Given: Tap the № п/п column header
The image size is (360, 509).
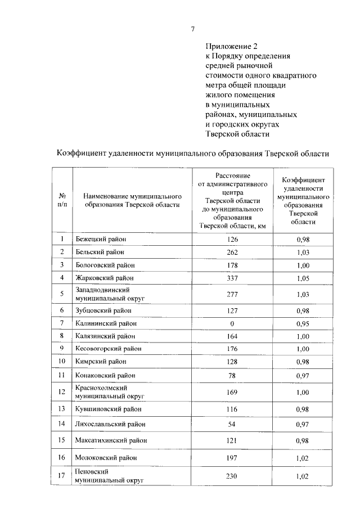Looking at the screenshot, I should (x=62, y=200).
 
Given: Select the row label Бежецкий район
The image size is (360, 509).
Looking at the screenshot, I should (x=101, y=240).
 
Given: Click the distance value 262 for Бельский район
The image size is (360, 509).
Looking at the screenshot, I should (x=232, y=252).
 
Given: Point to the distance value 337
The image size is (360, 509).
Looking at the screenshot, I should (x=232, y=277).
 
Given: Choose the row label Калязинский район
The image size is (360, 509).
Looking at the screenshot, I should (x=105, y=336).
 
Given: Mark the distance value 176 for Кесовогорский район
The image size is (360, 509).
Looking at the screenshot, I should (x=232, y=349).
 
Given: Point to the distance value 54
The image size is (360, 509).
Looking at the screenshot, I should (x=232, y=424).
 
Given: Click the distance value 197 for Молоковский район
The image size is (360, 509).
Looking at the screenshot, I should (x=232, y=459).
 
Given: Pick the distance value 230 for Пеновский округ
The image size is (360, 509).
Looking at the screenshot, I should (x=232, y=476).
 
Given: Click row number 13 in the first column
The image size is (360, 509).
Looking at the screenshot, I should (x=62, y=408).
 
